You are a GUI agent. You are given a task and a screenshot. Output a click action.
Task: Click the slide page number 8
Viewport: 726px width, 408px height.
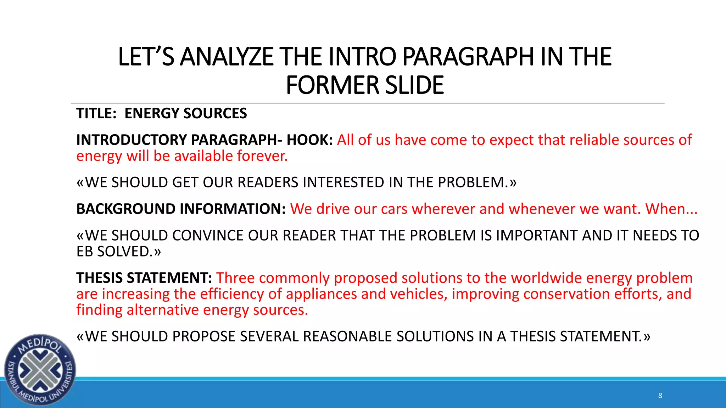[660, 396]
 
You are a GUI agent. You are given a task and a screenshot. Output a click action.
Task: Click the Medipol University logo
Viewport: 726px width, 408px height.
[40, 370]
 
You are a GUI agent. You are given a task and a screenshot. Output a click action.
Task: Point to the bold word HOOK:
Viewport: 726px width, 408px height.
[309, 140]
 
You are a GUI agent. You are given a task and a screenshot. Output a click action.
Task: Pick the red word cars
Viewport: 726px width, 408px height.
[394, 209]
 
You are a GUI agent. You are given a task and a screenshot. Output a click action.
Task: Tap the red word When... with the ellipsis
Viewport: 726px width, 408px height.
[671, 209]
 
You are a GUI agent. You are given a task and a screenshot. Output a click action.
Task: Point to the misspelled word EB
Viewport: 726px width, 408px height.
[84, 252]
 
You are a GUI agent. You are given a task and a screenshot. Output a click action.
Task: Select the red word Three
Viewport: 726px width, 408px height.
[235, 278]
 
